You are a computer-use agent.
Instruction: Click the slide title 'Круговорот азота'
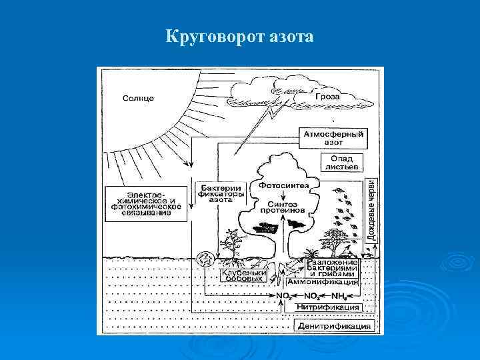(239, 37)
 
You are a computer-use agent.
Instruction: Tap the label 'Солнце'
(138, 98)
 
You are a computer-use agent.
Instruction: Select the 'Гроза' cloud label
(327, 97)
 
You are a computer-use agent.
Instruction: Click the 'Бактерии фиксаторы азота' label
(221, 193)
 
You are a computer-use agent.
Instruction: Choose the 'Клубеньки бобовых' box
(244, 277)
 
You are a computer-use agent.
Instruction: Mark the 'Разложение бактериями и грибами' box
(332, 268)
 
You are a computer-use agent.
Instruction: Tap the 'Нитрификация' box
(323, 307)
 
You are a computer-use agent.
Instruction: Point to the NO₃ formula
(283, 295)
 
